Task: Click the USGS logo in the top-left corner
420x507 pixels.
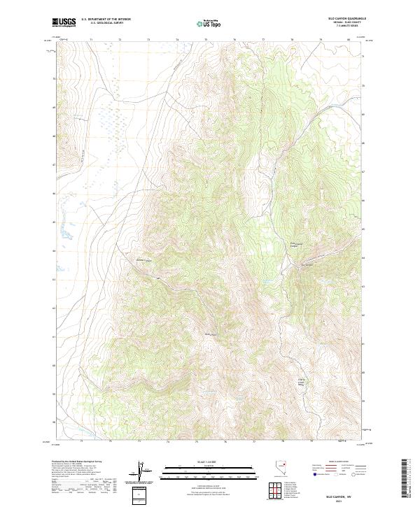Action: (x=64, y=22)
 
